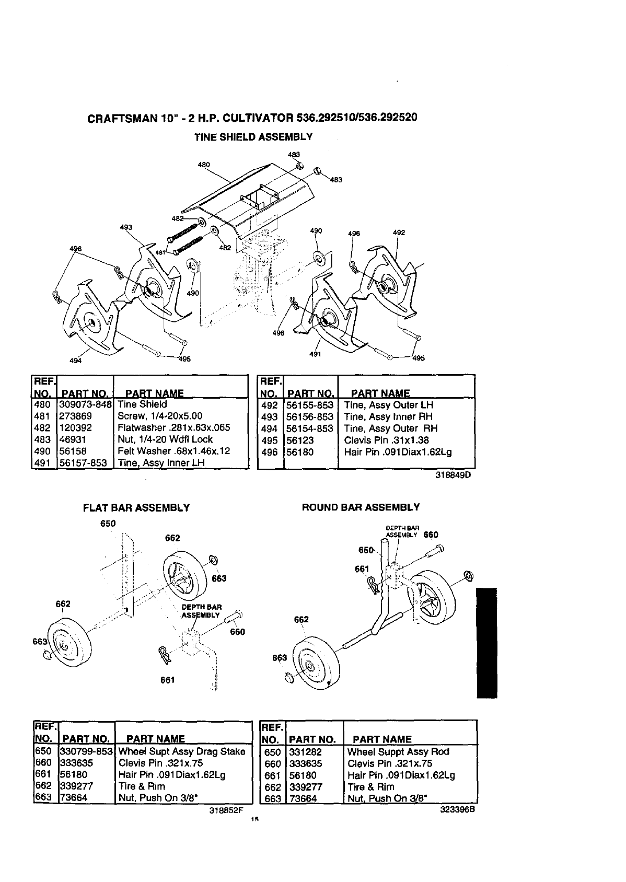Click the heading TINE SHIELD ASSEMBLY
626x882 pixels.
tap(253, 137)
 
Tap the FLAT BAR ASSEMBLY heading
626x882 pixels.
tap(136, 507)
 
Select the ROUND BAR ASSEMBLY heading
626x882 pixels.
tap(361, 507)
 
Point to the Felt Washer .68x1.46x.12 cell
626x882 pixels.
tap(173, 451)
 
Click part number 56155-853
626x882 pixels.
tap(311, 405)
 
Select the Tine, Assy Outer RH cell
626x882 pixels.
tap(390, 428)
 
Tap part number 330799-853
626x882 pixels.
tap(87, 751)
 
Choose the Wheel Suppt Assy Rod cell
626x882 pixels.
tap(398, 752)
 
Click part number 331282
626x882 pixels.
tap(306, 752)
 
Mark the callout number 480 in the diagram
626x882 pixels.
tap(204, 165)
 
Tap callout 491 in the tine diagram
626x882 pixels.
tap(315, 354)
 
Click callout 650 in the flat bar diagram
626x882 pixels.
tap(108, 524)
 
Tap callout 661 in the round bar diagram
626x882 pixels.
tap(362, 569)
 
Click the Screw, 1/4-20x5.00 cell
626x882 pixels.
tap(160, 416)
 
